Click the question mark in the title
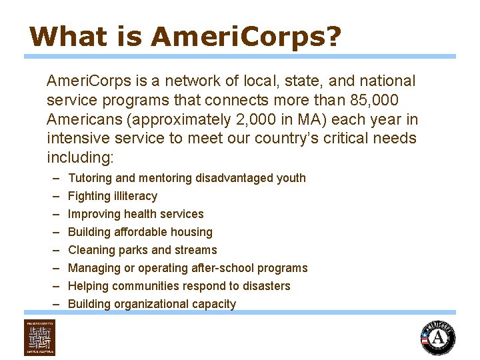pos(331,37)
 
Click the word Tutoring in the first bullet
pos(91,178)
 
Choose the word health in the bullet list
pos(136,214)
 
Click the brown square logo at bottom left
pos(40,338)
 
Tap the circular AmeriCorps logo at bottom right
pos(438,338)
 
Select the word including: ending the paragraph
pos(81,158)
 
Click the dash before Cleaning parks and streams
pos(53,250)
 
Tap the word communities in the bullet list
pos(145,286)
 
